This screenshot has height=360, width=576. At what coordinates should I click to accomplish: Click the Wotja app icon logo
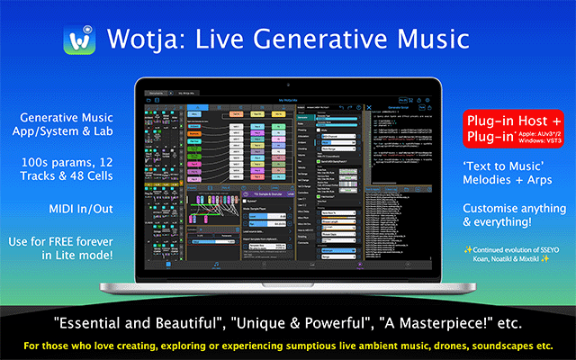[x=79, y=39]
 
